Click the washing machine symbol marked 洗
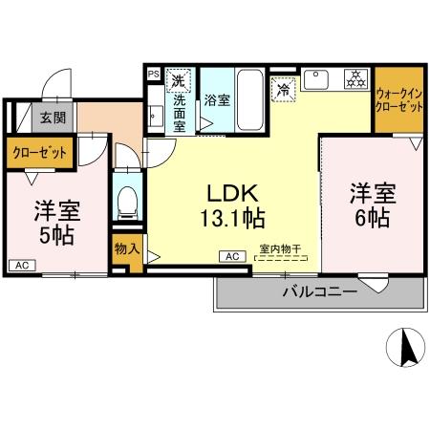(177, 79)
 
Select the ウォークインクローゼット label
(398, 100)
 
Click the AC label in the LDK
(231, 255)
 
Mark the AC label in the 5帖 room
(21, 265)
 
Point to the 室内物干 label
(280, 250)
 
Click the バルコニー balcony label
(319, 291)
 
